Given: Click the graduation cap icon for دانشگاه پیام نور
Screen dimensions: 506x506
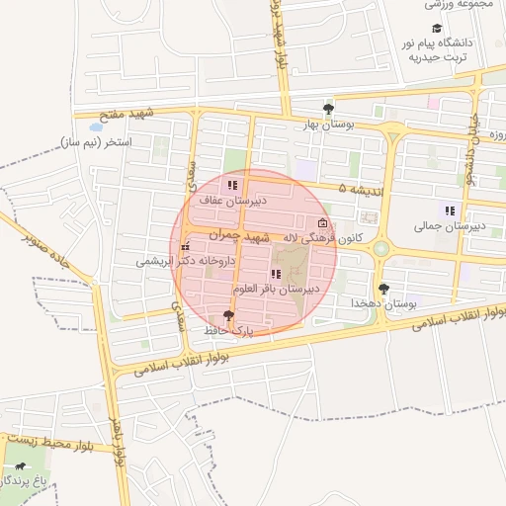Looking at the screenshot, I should click(x=437, y=29).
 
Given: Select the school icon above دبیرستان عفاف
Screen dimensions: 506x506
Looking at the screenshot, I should click(x=231, y=185).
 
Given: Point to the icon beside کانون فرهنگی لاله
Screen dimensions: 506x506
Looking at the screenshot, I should click(x=323, y=223).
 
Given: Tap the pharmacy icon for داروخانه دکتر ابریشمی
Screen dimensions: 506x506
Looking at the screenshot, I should click(x=185, y=247).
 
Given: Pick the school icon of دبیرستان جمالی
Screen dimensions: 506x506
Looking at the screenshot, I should click(x=450, y=211).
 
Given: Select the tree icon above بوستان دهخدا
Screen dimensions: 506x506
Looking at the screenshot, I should click(x=383, y=288).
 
